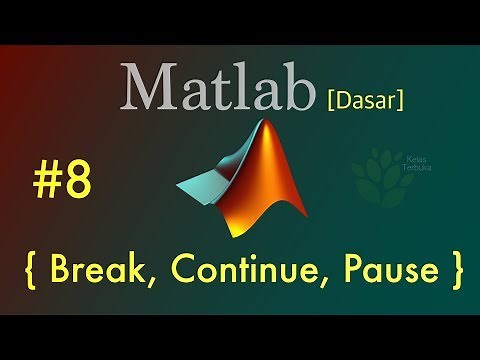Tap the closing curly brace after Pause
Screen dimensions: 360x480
pos(456,269)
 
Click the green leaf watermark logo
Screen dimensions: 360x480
pos(375,171)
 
